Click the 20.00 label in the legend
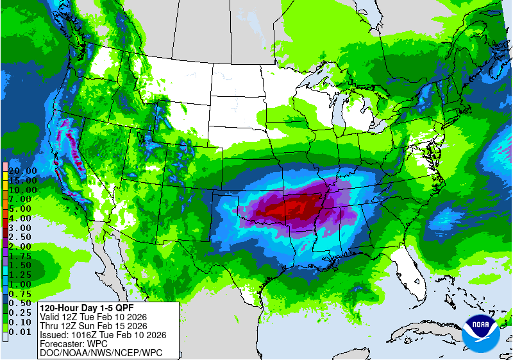(22, 171)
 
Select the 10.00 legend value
(22, 190)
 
